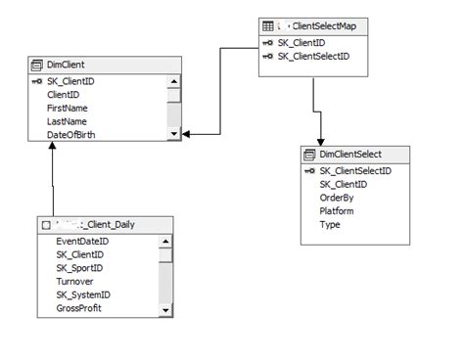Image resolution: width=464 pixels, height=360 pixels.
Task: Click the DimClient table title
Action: [x=66, y=65]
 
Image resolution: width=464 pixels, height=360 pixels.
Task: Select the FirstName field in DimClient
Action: [x=69, y=108]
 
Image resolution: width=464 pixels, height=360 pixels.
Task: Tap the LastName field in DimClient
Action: [x=68, y=121]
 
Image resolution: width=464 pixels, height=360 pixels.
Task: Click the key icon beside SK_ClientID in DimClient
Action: [x=37, y=81]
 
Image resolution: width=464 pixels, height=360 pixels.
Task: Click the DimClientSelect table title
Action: [x=349, y=154]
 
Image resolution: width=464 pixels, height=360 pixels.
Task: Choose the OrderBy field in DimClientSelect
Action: [x=337, y=197]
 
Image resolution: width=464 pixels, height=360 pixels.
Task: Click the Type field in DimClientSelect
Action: [x=330, y=224]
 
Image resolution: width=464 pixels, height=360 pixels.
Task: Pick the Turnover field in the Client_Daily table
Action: [x=74, y=281]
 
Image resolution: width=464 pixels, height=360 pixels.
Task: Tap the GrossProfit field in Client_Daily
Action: [x=78, y=308]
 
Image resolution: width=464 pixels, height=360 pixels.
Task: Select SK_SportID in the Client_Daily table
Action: [x=79, y=267]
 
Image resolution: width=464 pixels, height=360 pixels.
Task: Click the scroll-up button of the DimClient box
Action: [x=174, y=81]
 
